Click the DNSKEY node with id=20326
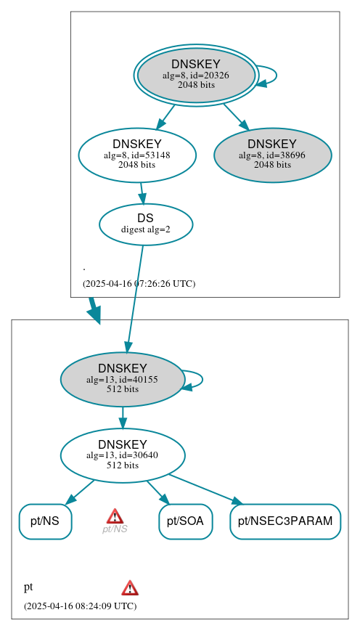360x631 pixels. [x=196, y=75]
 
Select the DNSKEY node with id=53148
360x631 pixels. [x=137, y=155]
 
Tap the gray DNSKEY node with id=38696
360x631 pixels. [x=272, y=155]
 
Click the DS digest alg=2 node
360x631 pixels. [x=145, y=224]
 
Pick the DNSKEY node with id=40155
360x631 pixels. [x=122, y=379]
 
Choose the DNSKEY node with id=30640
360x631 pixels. [x=122, y=455]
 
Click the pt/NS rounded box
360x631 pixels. [x=45, y=521]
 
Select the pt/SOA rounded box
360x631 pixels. [x=185, y=521]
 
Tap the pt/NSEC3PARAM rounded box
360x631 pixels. [x=285, y=521]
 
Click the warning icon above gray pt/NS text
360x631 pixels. [x=115, y=516]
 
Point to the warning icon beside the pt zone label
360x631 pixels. [x=130, y=587]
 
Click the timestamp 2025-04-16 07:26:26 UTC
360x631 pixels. [x=139, y=284]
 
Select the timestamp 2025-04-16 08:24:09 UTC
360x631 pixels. [x=80, y=606]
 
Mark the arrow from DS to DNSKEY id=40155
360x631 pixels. [x=135, y=298]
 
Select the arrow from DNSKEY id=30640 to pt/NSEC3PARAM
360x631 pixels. [x=205, y=489]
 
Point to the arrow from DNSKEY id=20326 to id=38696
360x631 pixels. [x=236, y=117]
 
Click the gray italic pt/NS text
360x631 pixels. [x=115, y=529]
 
